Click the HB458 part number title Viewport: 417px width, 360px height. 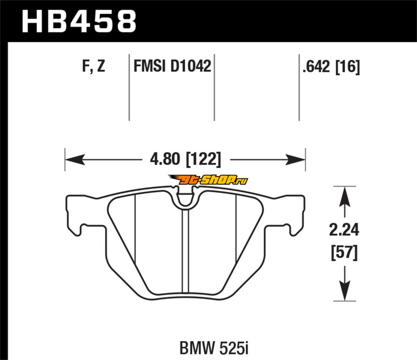tap(79, 22)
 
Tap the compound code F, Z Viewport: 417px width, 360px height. tap(94, 66)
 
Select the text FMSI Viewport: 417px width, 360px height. tap(150, 66)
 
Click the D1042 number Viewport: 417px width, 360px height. tap(191, 66)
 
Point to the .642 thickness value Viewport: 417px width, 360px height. tap(316, 67)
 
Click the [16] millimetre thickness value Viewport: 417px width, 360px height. tap(348, 67)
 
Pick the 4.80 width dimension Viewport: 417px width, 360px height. tap(165, 159)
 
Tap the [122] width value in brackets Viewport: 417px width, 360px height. tap(203, 159)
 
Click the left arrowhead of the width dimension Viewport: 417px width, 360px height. tap(75, 159)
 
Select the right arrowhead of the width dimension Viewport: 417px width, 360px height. tap(295, 159)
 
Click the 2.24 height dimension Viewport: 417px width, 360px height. tap(344, 230)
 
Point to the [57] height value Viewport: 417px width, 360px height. tap(345, 253)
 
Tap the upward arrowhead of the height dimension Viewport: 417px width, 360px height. tap(345, 196)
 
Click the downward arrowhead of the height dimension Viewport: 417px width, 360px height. tap(345, 291)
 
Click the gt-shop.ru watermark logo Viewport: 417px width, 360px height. tap(208, 180)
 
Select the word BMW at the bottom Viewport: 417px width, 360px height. tap(197, 347)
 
